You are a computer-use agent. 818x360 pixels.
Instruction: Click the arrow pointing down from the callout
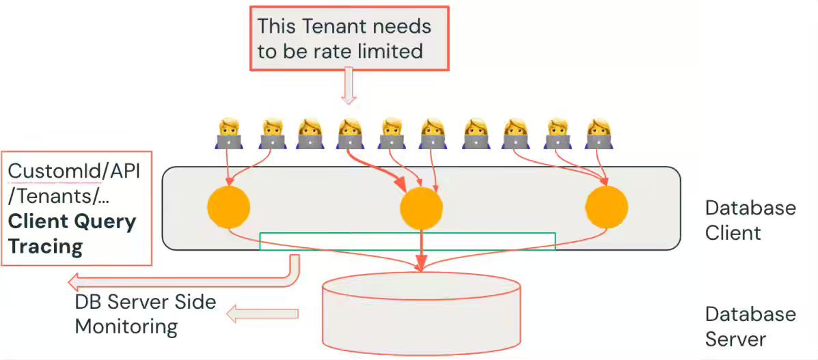pos(349,89)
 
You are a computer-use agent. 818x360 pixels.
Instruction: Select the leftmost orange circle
pos(229,207)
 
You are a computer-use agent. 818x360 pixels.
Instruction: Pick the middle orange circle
pos(421,208)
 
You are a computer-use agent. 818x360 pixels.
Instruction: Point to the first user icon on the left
pos(228,135)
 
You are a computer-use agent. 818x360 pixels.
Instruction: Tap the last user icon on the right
pos(599,135)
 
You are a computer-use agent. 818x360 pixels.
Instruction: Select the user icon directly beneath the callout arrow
pos(349,135)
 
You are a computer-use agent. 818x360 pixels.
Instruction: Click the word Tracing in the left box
pos(46,246)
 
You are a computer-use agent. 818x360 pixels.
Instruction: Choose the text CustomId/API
pos(74,171)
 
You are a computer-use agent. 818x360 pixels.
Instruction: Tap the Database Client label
pos(750,220)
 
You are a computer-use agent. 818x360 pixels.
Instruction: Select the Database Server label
pos(750,327)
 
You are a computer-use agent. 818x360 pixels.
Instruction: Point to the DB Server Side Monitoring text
pos(145,314)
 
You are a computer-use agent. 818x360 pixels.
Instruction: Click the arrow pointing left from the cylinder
pos(263,314)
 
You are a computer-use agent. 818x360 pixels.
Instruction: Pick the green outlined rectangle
pos(407,241)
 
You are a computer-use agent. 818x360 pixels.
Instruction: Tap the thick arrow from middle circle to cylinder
pos(422,249)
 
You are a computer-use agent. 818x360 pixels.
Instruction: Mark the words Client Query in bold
pos(72,221)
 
